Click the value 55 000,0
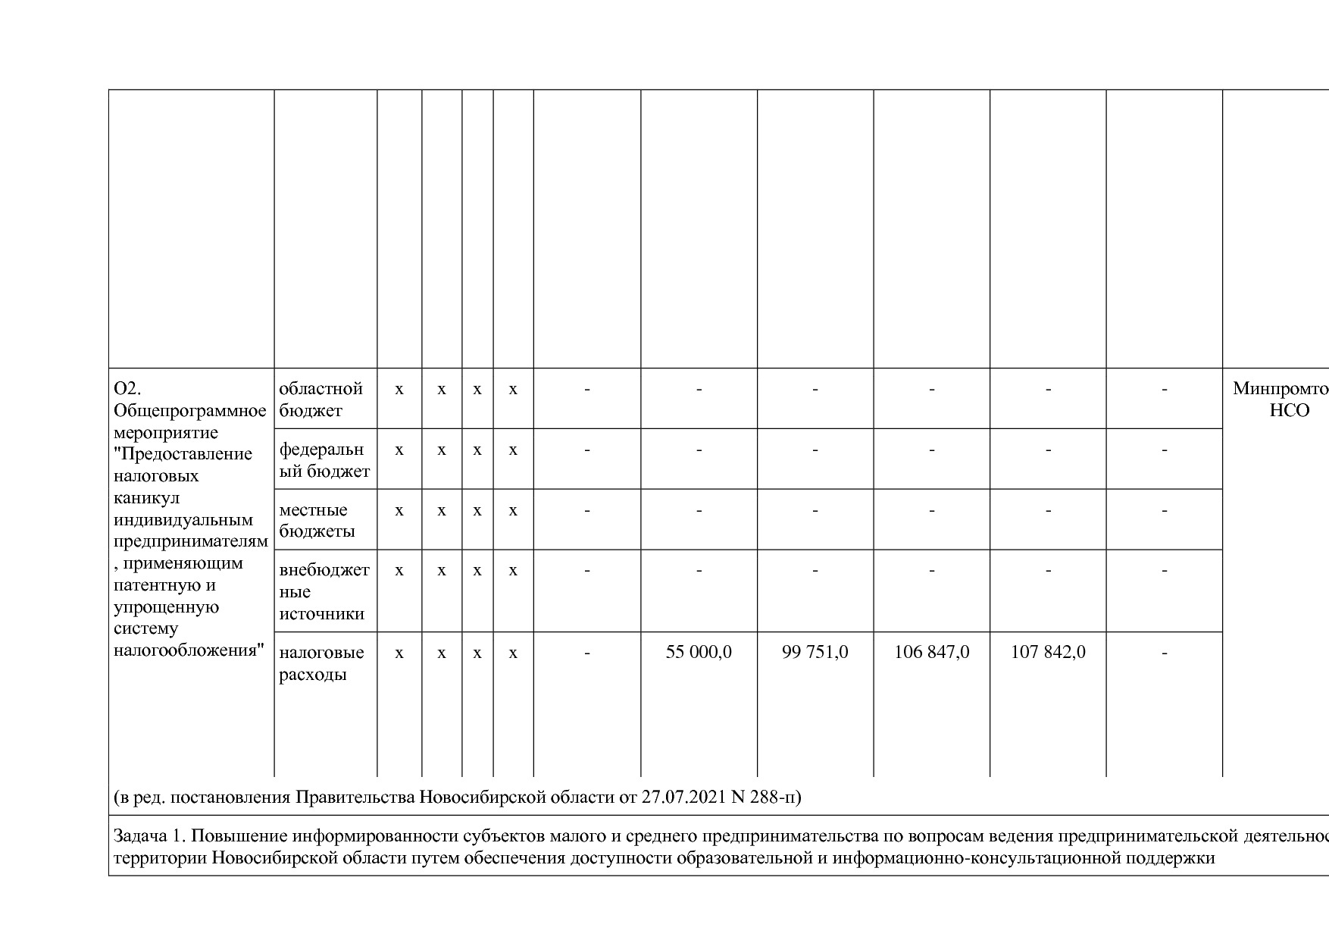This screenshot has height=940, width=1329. (699, 652)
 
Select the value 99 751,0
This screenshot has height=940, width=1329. (815, 652)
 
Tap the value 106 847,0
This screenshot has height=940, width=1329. (931, 652)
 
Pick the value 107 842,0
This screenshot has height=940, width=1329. (1048, 652)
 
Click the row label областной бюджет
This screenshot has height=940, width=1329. (321, 399)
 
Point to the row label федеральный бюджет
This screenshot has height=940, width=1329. (324, 460)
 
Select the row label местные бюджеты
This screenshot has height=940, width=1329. (317, 520)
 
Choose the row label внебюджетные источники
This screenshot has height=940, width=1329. (324, 591)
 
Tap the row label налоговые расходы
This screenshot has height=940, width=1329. (321, 663)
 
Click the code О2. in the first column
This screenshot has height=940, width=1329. (128, 388)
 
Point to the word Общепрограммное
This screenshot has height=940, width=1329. (189, 410)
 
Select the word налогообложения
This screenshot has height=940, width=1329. (189, 650)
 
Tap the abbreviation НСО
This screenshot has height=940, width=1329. (1289, 410)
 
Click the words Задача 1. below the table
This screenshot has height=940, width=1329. (149, 835)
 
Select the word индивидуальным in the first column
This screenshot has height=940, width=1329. (183, 519)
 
